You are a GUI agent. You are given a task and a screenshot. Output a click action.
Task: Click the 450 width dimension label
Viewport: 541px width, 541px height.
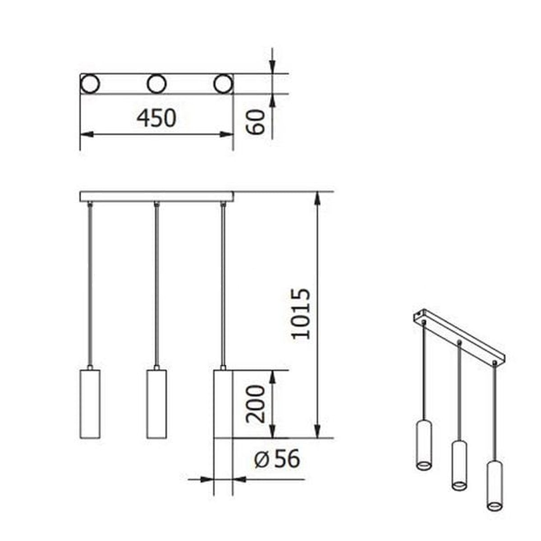[x=156, y=118]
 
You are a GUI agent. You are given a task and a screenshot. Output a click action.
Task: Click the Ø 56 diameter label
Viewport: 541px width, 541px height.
[x=277, y=460]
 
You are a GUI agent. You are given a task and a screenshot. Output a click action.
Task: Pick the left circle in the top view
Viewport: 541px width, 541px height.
[x=90, y=84]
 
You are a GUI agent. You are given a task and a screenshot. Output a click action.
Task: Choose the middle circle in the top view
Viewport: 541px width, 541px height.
[x=156, y=84]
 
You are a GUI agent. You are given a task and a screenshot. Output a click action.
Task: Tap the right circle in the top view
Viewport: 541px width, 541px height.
[x=224, y=84]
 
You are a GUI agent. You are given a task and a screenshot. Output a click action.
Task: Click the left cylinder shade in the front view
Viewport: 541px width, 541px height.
[x=89, y=403]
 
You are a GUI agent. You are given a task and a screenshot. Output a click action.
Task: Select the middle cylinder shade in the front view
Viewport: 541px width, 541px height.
[x=156, y=403]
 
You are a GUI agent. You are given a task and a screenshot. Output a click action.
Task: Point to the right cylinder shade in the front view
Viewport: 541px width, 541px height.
[x=223, y=403]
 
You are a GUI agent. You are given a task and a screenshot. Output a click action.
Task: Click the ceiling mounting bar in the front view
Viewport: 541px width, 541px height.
[x=157, y=197]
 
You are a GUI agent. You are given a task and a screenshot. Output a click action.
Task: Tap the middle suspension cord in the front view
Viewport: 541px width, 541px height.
[x=156, y=284]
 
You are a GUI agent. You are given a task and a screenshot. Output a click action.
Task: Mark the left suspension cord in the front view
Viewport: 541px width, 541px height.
[x=90, y=284]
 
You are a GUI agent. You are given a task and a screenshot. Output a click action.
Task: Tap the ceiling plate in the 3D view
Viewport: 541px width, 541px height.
[x=459, y=335]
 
